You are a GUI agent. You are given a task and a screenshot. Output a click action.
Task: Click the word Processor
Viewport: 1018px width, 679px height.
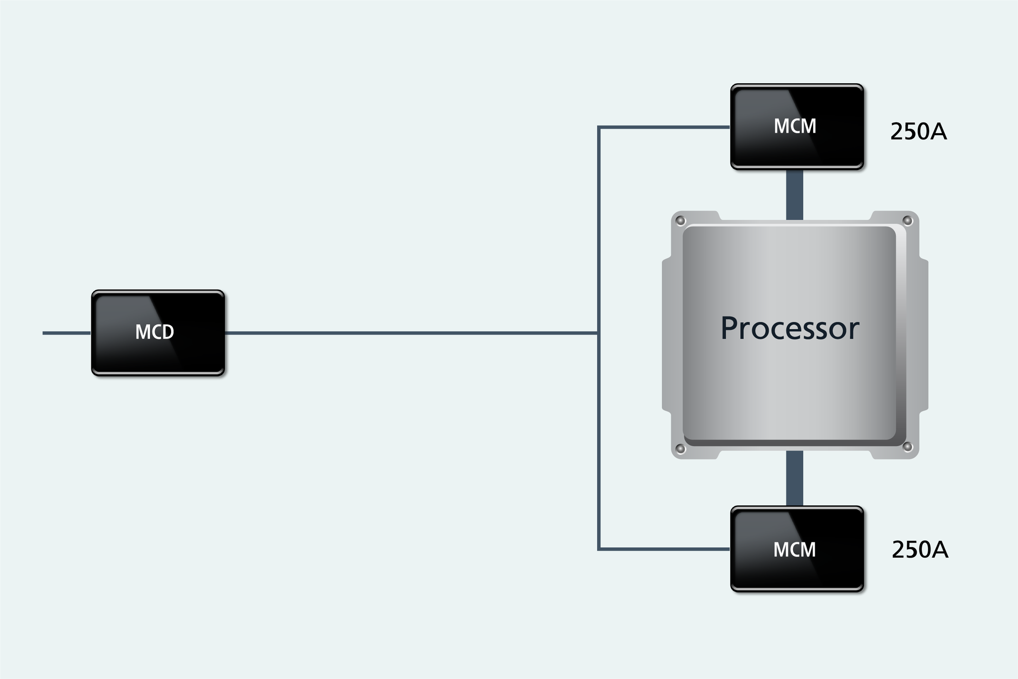[x=789, y=328]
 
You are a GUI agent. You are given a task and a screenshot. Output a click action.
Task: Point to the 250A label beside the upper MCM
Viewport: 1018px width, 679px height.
[x=918, y=131]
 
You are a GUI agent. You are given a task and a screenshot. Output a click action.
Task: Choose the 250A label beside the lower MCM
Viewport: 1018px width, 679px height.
[x=919, y=550]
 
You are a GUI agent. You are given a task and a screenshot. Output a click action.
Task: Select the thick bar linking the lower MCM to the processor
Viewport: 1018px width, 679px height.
[x=795, y=478]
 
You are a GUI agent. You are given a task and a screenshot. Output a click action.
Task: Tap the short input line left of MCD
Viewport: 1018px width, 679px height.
[x=66, y=333]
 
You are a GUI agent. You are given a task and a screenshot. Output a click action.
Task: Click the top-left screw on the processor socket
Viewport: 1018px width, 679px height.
[x=681, y=221]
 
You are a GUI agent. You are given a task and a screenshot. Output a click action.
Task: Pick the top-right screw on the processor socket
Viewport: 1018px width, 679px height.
[x=908, y=221]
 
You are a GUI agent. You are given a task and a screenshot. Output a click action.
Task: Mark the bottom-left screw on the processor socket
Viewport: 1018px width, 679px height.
[x=681, y=449]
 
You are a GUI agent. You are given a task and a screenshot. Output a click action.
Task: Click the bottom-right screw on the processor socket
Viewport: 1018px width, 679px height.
[x=908, y=447]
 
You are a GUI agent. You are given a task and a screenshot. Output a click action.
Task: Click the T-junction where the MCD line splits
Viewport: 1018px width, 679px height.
[x=599, y=333]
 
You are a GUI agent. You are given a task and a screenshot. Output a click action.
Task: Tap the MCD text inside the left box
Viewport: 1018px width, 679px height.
[x=154, y=332]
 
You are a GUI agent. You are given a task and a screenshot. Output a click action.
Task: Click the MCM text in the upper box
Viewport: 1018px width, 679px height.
[x=795, y=126]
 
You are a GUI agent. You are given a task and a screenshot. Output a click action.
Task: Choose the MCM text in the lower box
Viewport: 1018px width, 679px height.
[x=794, y=550]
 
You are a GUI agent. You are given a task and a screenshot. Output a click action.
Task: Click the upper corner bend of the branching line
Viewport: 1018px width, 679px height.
[x=599, y=127]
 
